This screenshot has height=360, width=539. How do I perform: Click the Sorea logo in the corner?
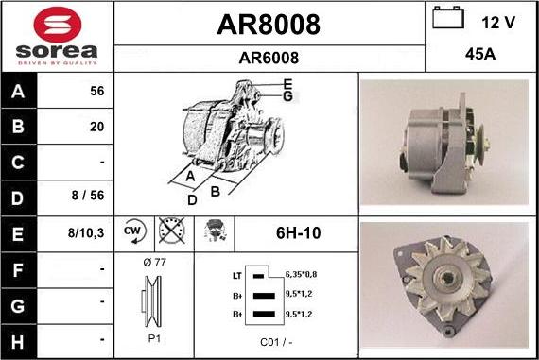(57, 36)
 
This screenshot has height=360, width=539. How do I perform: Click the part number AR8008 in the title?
(269, 25)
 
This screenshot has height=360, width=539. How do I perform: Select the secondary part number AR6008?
(269, 58)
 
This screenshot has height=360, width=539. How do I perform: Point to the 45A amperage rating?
(481, 55)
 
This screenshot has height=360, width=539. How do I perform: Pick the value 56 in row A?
(96, 93)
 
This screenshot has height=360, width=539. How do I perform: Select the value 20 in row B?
(96, 127)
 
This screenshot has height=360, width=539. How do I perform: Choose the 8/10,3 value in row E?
(87, 231)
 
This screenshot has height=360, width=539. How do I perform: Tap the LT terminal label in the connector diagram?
(236, 275)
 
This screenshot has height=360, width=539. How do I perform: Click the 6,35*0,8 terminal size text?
(302, 274)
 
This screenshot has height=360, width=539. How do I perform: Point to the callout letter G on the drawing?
(287, 95)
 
